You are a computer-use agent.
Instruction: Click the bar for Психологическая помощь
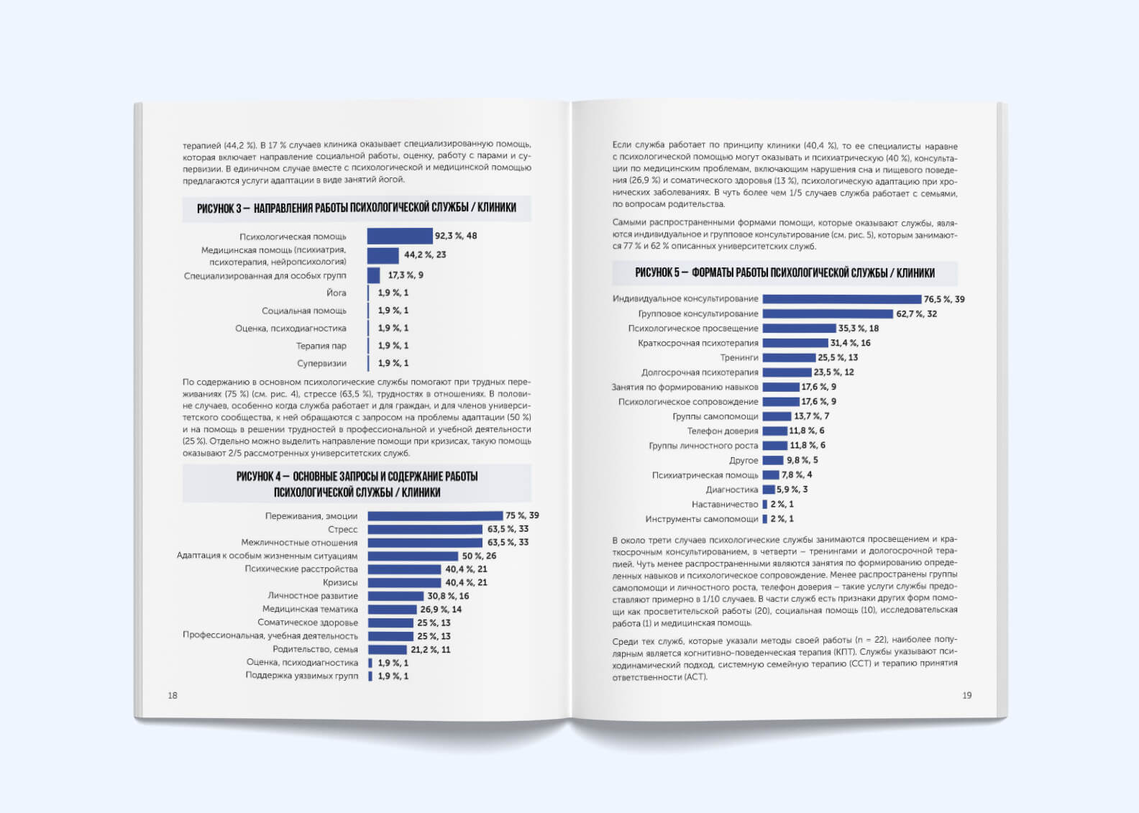coord(400,236)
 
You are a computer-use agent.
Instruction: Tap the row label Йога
coord(336,293)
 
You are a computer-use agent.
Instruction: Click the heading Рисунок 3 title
coord(357,208)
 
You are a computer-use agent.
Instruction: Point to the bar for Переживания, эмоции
coord(435,515)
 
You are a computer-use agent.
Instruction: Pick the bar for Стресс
coord(425,529)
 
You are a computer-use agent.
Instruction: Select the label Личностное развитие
coord(313,596)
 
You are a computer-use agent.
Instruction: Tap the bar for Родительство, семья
coord(388,650)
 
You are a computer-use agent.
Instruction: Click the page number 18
coord(173,695)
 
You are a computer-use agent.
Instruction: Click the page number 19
coord(966,695)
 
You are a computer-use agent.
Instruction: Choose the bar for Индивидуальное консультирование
coord(842,299)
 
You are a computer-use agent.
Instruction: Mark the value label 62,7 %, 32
coord(916,314)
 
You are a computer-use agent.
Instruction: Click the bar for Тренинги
coord(789,357)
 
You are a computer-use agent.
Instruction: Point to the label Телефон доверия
coord(723,431)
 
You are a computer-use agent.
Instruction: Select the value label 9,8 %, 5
coord(802,460)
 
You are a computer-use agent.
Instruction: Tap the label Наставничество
coord(725,504)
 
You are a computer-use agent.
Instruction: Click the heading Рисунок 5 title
coord(785,272)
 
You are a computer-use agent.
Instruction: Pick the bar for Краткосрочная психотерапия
coord(795,343)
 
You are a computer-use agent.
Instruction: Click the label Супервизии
coord(321,363)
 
